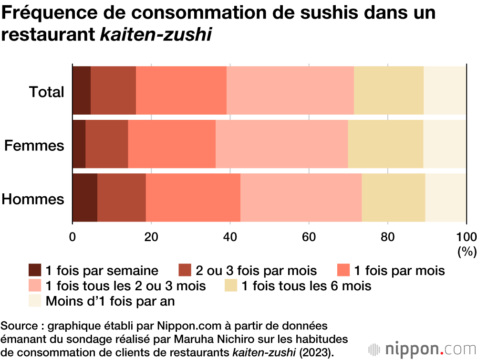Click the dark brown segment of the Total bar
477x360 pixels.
tap(81, 91)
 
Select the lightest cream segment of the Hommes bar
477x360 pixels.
tap(446, 198)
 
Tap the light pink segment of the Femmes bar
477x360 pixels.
tap(281, 144)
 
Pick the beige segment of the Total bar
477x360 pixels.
tap(388, 91)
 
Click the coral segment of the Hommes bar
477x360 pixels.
tap(193, 198)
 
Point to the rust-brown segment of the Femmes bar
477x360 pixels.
tap(106, 144)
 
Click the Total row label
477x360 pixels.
tap(46, 92)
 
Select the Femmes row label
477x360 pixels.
tap(34, 145)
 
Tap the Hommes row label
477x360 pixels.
tap(33, 199)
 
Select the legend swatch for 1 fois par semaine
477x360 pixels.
tap(35, 271)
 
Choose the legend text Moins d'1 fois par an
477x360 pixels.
tap(110, 301)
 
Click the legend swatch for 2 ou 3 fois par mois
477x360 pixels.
tap(185, 271)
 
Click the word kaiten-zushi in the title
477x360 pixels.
tap(156, 34)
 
